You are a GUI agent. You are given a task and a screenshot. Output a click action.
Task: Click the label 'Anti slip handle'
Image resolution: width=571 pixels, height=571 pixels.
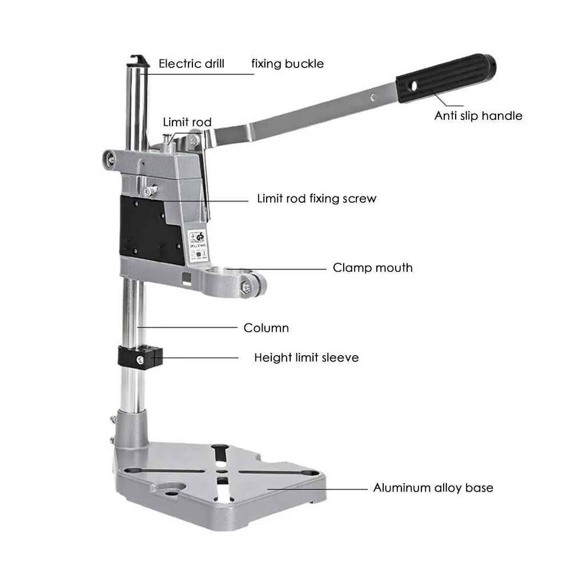pyautogui.click(x=478, y=116)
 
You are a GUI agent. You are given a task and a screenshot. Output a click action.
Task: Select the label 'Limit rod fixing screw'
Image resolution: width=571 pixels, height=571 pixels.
pyautogui.click(x=316, y=199)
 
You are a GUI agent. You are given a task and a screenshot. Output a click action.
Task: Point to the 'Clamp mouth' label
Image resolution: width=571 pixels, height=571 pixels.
pyautogui.click(x=372, y=267)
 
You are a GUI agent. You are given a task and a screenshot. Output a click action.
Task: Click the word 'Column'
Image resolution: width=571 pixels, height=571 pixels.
pyautogui.click(x=266, y=328)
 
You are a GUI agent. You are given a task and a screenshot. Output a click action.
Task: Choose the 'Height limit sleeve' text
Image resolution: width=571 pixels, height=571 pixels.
pyautogui.click(x=306, y=358)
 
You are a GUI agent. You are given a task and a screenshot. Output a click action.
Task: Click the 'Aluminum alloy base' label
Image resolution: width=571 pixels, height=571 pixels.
pyautogui.click(x=433, y=488)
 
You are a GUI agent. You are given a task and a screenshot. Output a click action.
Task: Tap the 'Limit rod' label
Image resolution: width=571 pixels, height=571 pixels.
pyautogui.click(x=187, y=122)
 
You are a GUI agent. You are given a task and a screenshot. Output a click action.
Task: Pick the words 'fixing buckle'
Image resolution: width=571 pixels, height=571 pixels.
pyautogui.click(x=287, y=63)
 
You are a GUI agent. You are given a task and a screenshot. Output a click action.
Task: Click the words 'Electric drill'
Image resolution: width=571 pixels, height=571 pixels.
pyautogui.click(x=191, y=63)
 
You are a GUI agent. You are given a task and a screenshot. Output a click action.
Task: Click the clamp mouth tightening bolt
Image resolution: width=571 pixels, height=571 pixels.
pyautogui.click(x=247, y=288)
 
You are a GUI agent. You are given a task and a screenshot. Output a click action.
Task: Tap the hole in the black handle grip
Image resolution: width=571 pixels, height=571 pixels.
pyautogui.click(x=413, y=86)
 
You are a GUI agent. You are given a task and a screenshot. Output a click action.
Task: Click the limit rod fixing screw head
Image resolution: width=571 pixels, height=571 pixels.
pyautogui.click(x=149, y=192)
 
